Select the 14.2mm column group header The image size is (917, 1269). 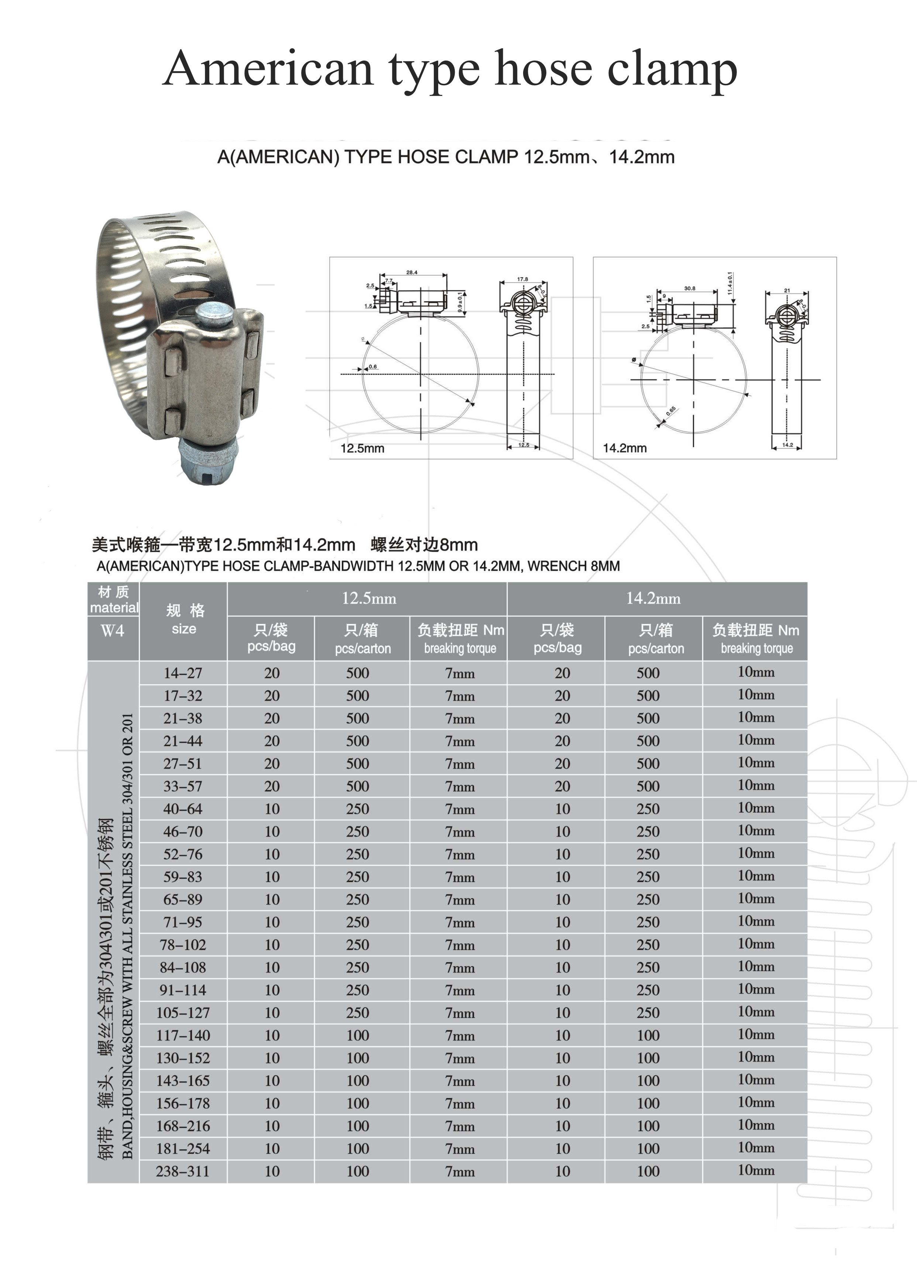(x=653, y=599)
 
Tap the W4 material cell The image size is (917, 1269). (x=113, y=631)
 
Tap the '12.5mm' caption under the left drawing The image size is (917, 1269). (x=362, y=448)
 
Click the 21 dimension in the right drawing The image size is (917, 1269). (x=787, y=291)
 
